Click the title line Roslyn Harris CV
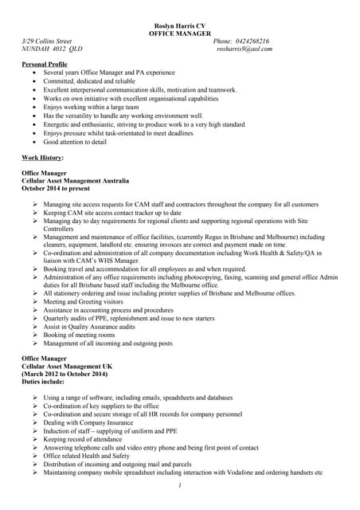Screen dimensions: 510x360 tap(179, 25)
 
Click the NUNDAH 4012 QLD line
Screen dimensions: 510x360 tap(52, 49)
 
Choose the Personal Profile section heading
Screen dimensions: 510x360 tap(45, 64)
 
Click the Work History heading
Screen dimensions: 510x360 tap(42, 158)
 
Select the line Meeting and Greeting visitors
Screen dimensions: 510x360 tap(84, 302)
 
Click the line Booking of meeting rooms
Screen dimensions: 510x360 tap(79, 335)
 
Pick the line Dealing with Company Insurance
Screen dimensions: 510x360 tap(89, 422)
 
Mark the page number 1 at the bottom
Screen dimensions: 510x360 tap(181, 486)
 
